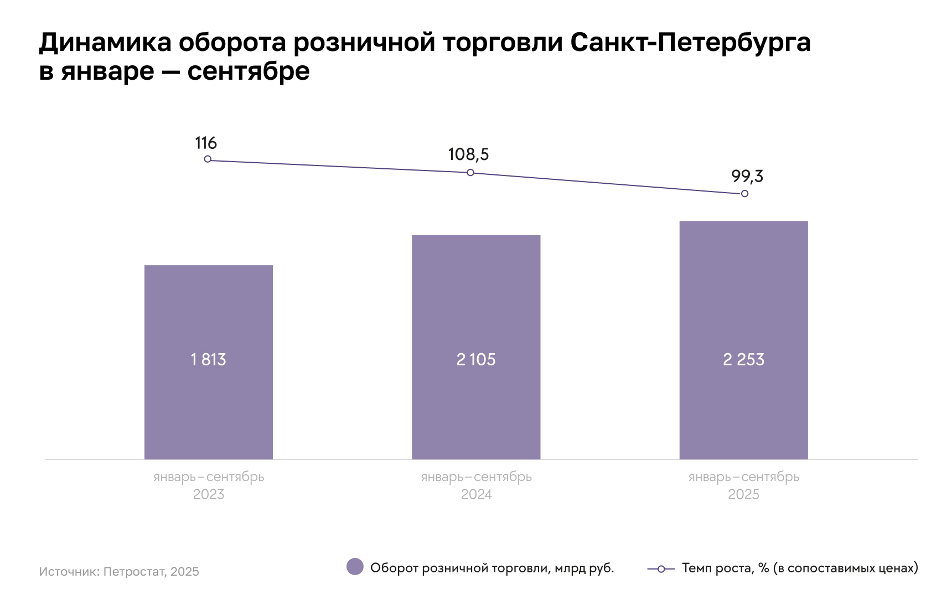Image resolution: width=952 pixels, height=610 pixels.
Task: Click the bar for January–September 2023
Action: pos(209,310)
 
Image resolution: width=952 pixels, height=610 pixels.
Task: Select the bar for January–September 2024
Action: pos(476,299)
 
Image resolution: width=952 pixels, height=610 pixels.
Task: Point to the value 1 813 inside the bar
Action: pos(209,360)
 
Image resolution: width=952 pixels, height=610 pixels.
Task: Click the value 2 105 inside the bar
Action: pos(476,360)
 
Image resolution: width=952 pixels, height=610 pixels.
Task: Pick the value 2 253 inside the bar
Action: pos(743,360)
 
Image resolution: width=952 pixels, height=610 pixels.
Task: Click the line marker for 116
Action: pos(208,159)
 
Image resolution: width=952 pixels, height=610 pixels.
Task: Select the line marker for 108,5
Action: pos(470,173)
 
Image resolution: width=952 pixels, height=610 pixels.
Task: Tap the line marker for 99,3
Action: pos(744,194)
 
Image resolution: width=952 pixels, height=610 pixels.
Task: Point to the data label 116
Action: pos(206,143)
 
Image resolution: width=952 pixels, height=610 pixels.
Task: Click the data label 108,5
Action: pos(468,154)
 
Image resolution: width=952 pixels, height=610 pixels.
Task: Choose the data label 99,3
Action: pos(747,177)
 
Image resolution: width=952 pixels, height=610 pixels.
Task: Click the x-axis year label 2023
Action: pos(209,494)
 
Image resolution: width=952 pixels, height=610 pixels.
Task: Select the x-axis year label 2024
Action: pos(476,494)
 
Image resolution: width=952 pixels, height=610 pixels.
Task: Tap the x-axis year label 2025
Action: pos(743,494)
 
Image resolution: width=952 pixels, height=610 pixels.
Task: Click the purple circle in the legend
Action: pos(355,567)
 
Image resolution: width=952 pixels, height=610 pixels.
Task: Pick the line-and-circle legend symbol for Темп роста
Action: pos(661,569)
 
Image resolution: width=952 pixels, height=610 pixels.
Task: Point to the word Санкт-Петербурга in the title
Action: pos(690,43)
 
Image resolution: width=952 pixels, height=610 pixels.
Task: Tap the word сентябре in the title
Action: pos(249,71)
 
